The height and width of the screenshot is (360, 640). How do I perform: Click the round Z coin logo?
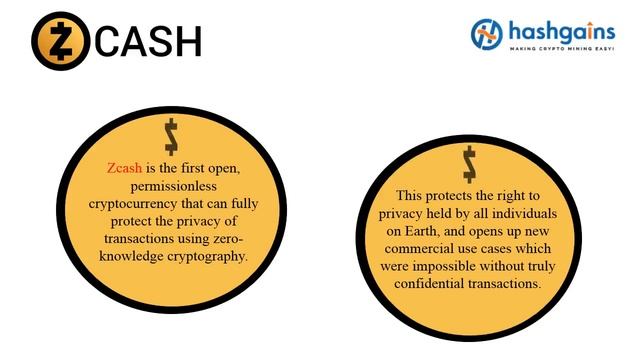click(60, 40)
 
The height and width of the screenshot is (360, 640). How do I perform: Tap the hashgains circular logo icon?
click(487, 34)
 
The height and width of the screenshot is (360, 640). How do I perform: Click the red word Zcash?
click(126, 168)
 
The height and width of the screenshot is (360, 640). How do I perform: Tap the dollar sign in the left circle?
click(172, 136)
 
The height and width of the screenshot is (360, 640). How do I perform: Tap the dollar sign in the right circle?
click(469, 163)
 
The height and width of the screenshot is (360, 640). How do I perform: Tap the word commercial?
click(420, 248)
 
